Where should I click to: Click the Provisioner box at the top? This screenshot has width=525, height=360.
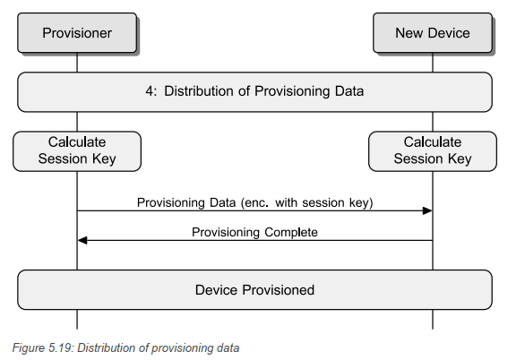click(77, 33)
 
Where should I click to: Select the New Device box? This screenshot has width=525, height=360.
click(433, 33)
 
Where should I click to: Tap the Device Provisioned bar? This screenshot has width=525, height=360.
click(254, 290)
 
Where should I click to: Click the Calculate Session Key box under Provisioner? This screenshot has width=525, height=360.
click(77, 150)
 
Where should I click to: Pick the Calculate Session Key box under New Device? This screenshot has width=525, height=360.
click(433, 150)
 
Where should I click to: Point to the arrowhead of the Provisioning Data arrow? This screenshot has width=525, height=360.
click(428, 211)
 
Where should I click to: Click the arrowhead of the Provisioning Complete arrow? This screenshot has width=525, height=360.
click(82, 240)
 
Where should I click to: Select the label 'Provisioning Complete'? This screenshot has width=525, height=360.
click(254, 232)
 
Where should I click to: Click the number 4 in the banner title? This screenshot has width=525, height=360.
click(150, 91)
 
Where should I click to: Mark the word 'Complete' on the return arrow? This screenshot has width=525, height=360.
click(289, 232)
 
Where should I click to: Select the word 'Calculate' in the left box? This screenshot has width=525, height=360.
click(77, 141)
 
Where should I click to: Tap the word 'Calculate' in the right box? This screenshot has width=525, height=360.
click(433, 141)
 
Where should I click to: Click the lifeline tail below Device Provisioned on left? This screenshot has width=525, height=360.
click(77, 319)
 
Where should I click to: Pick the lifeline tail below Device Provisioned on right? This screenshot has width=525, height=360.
click(433, 319)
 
